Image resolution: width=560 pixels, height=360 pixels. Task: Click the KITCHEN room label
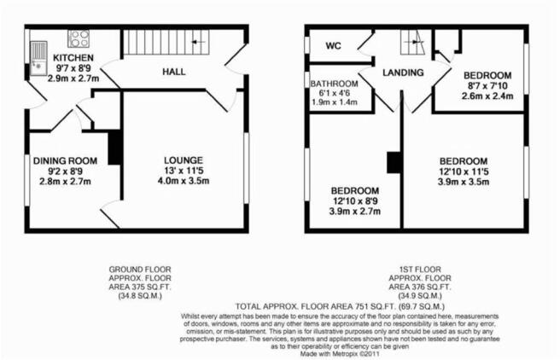[x=73, y=58]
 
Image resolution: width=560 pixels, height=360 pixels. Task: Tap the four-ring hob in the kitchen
[x=79, y=39]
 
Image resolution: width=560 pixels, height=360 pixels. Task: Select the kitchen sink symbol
[x=38, y=58]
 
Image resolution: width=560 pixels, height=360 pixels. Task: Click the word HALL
[x=174, y=72]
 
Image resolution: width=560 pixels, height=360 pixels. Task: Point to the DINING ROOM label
[x=65, y=161]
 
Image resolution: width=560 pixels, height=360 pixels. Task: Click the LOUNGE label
[x=184, y=160]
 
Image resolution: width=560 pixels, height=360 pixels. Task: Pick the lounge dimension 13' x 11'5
[x=184, y=171]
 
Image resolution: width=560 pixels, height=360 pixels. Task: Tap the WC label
[x=333, y=46]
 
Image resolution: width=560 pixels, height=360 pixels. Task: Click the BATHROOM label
[x=334, y=84]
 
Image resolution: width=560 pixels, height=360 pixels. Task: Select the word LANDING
[x=403, y=73]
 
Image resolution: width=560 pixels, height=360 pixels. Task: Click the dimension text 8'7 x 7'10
[x=487, y=86]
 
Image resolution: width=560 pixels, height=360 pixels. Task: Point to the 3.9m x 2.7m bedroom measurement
[x=354, y=212]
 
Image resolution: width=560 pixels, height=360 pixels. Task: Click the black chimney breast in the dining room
[x=114, y=148]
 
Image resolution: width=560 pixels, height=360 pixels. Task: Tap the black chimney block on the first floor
[x=394, y=163]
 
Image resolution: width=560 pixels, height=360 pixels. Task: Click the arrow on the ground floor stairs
[x=199, y=42]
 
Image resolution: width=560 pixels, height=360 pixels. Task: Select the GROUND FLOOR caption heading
[x=140, y=270]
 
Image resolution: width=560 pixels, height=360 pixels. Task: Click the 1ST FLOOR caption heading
[x=420, y=270]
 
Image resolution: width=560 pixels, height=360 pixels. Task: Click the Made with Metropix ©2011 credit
[x=340, y=354]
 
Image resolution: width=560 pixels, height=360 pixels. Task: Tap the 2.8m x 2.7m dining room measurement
[x=65, y=182]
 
